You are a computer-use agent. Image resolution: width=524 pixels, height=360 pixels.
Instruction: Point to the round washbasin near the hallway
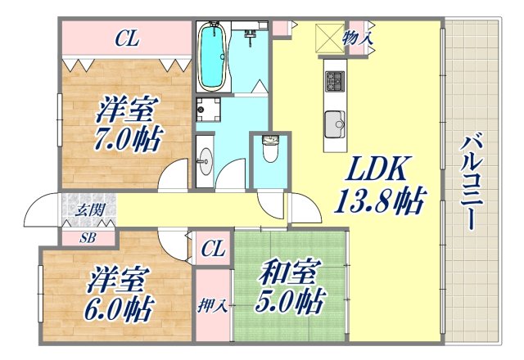[205, 157]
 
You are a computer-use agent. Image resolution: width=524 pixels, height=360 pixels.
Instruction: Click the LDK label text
[375, 170]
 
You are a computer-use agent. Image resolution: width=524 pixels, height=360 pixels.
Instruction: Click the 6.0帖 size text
[118, 308]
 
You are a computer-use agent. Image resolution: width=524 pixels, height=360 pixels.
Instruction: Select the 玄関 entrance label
[89, 210]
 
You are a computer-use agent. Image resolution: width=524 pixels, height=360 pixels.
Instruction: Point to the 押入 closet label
[212, 307]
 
